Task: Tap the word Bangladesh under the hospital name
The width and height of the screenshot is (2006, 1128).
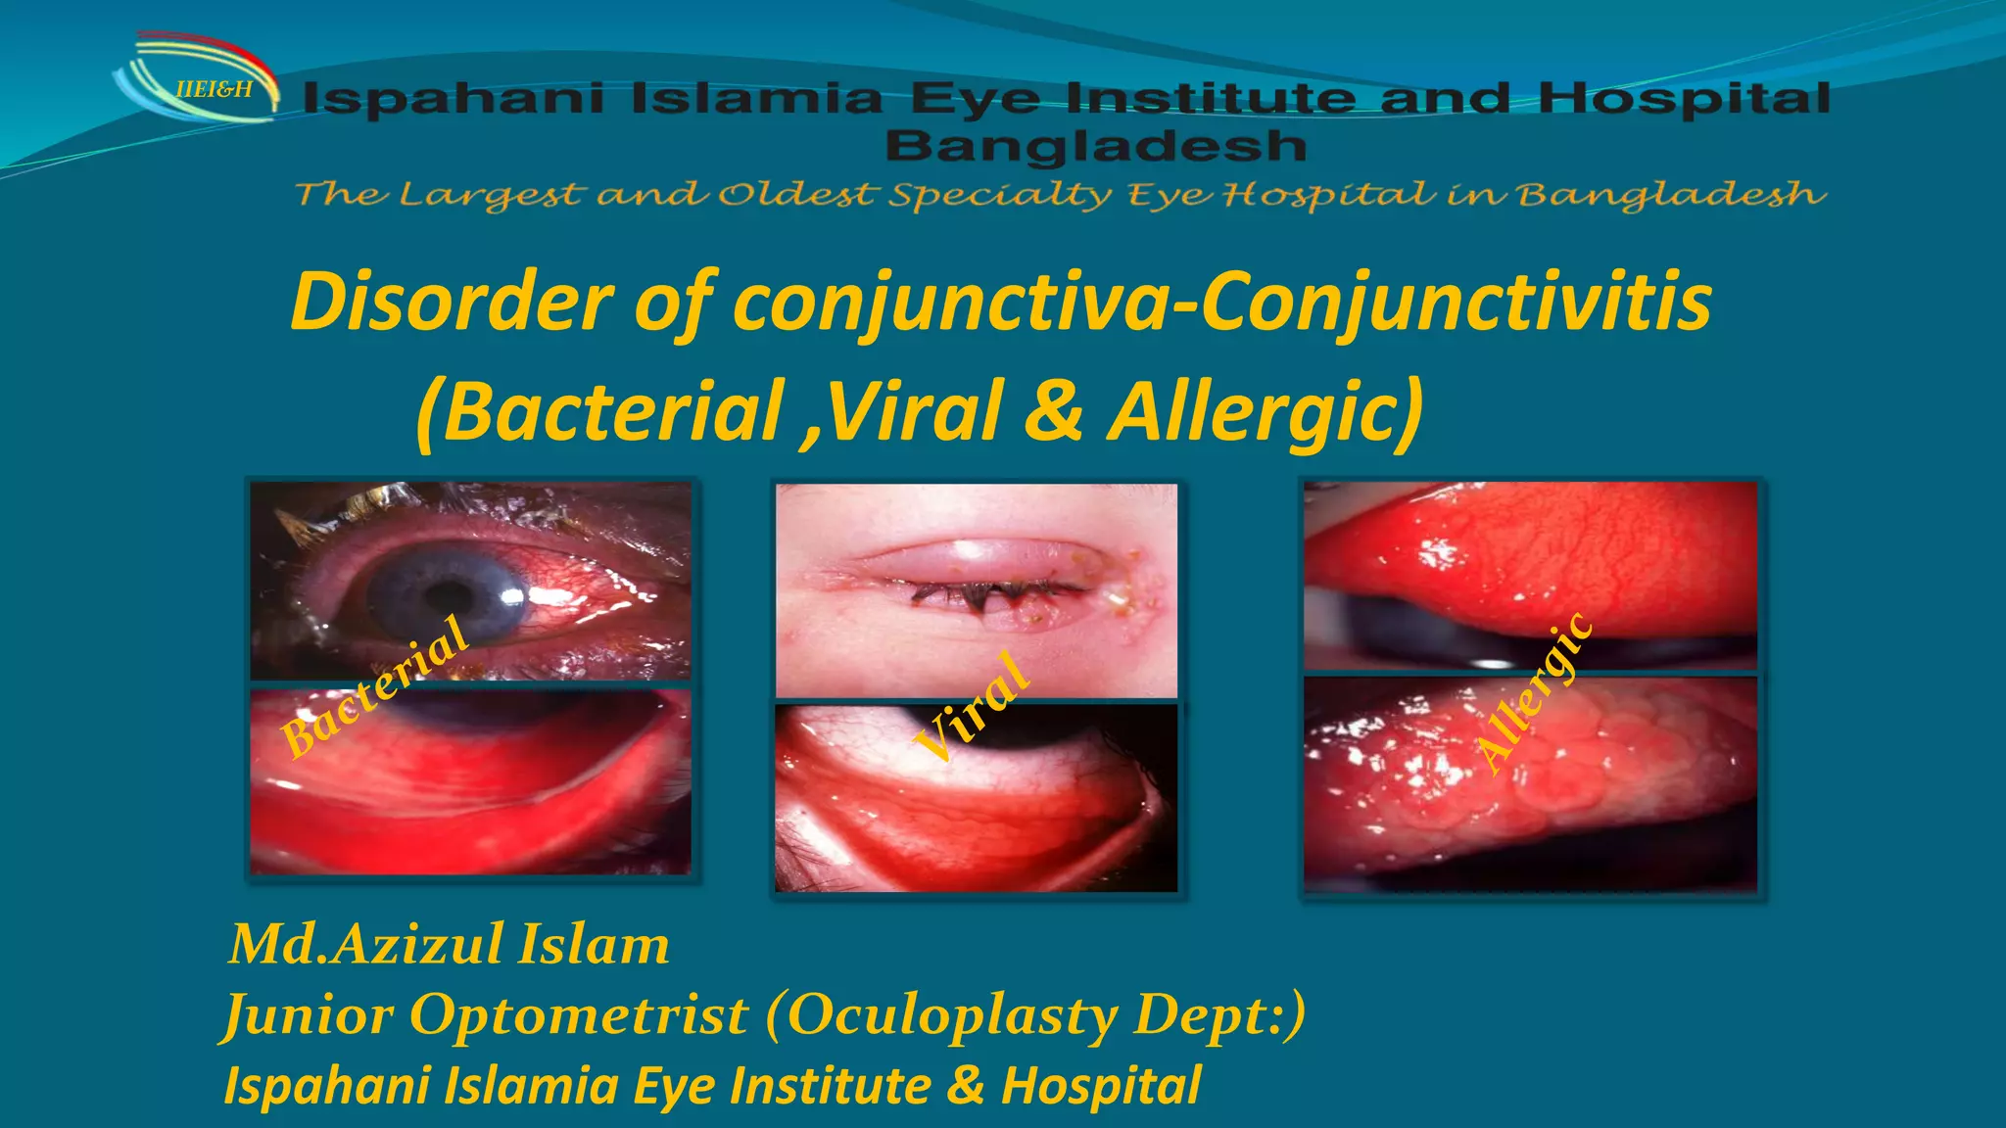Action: point(1095,147)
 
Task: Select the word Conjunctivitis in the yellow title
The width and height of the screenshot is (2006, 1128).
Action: point(1456,302)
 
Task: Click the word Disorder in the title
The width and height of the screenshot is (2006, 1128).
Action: point(452,302)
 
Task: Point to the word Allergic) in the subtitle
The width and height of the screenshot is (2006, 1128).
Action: point(1265,411)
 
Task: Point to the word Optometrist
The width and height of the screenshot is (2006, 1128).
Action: point(579,1014)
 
